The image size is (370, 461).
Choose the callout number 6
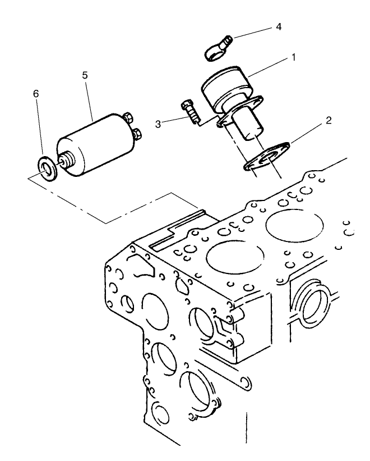[36, 94]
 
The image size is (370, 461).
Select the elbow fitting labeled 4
[218, 47]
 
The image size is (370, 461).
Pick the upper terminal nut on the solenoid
[128, 118]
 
